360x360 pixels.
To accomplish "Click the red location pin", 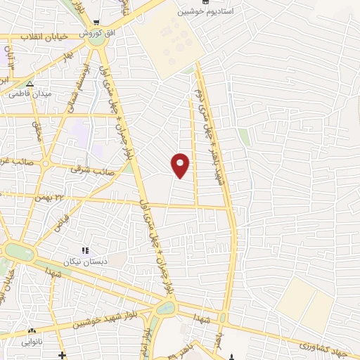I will pos(181,165).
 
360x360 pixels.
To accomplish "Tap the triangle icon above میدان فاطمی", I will pos(29,84).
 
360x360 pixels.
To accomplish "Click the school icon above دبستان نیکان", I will pos(85,250).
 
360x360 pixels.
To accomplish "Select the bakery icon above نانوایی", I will pos(31,330).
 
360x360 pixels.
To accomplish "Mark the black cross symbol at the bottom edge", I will pos(63,356).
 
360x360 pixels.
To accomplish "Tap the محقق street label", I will pos(37,131).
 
